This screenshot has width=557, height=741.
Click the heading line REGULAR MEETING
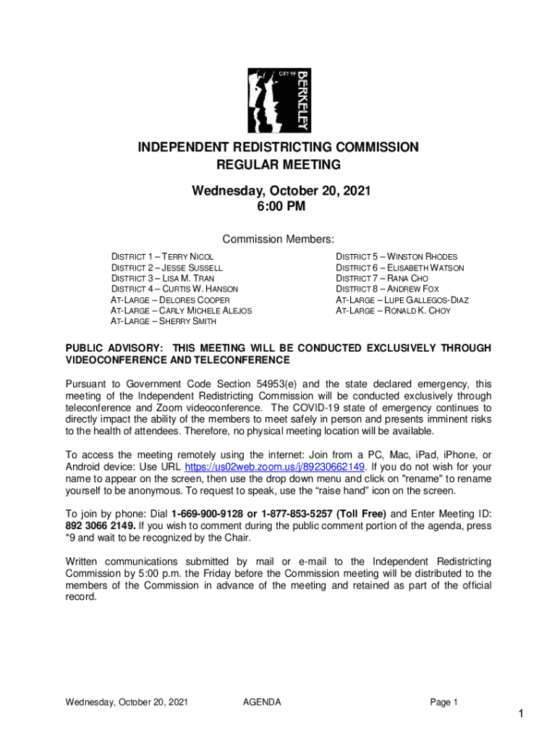coord(278,165)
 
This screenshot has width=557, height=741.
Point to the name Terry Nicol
coord(187,257)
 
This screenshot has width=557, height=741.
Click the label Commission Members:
coord(278,240)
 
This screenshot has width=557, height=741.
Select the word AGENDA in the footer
coord(262,702)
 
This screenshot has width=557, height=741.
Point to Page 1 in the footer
coord(444,702)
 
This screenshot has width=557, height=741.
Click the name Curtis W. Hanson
coord(199,289)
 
